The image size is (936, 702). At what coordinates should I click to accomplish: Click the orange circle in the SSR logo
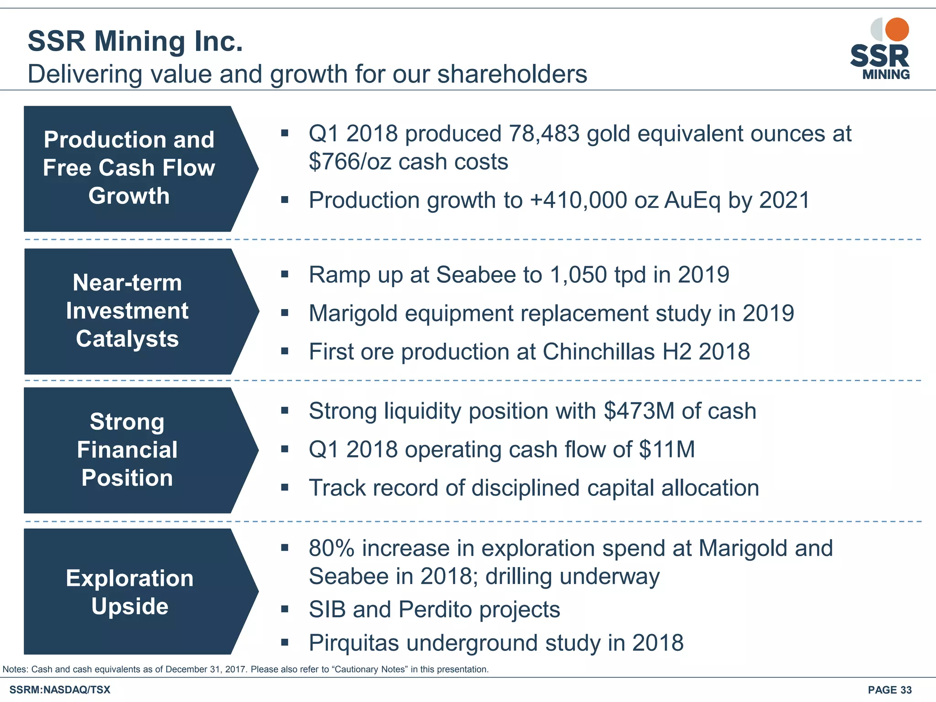click(897, 30)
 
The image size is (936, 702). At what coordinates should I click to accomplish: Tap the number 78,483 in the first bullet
click(544, 134)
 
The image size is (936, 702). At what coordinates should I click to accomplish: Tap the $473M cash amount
click(638, 411)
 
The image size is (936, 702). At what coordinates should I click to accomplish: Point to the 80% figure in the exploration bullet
click(331, 548)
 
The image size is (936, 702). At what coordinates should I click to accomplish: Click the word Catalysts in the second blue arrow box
click(127, 339)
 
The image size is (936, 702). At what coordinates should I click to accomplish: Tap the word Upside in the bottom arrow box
click(130, 606)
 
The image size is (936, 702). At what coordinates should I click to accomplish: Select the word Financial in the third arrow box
click(127, 450)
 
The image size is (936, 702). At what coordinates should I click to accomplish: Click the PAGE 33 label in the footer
click(889, 690)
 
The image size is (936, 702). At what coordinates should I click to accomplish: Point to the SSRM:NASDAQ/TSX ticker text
click(60, 690)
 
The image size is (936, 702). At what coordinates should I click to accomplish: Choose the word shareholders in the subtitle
click(512, 74)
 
